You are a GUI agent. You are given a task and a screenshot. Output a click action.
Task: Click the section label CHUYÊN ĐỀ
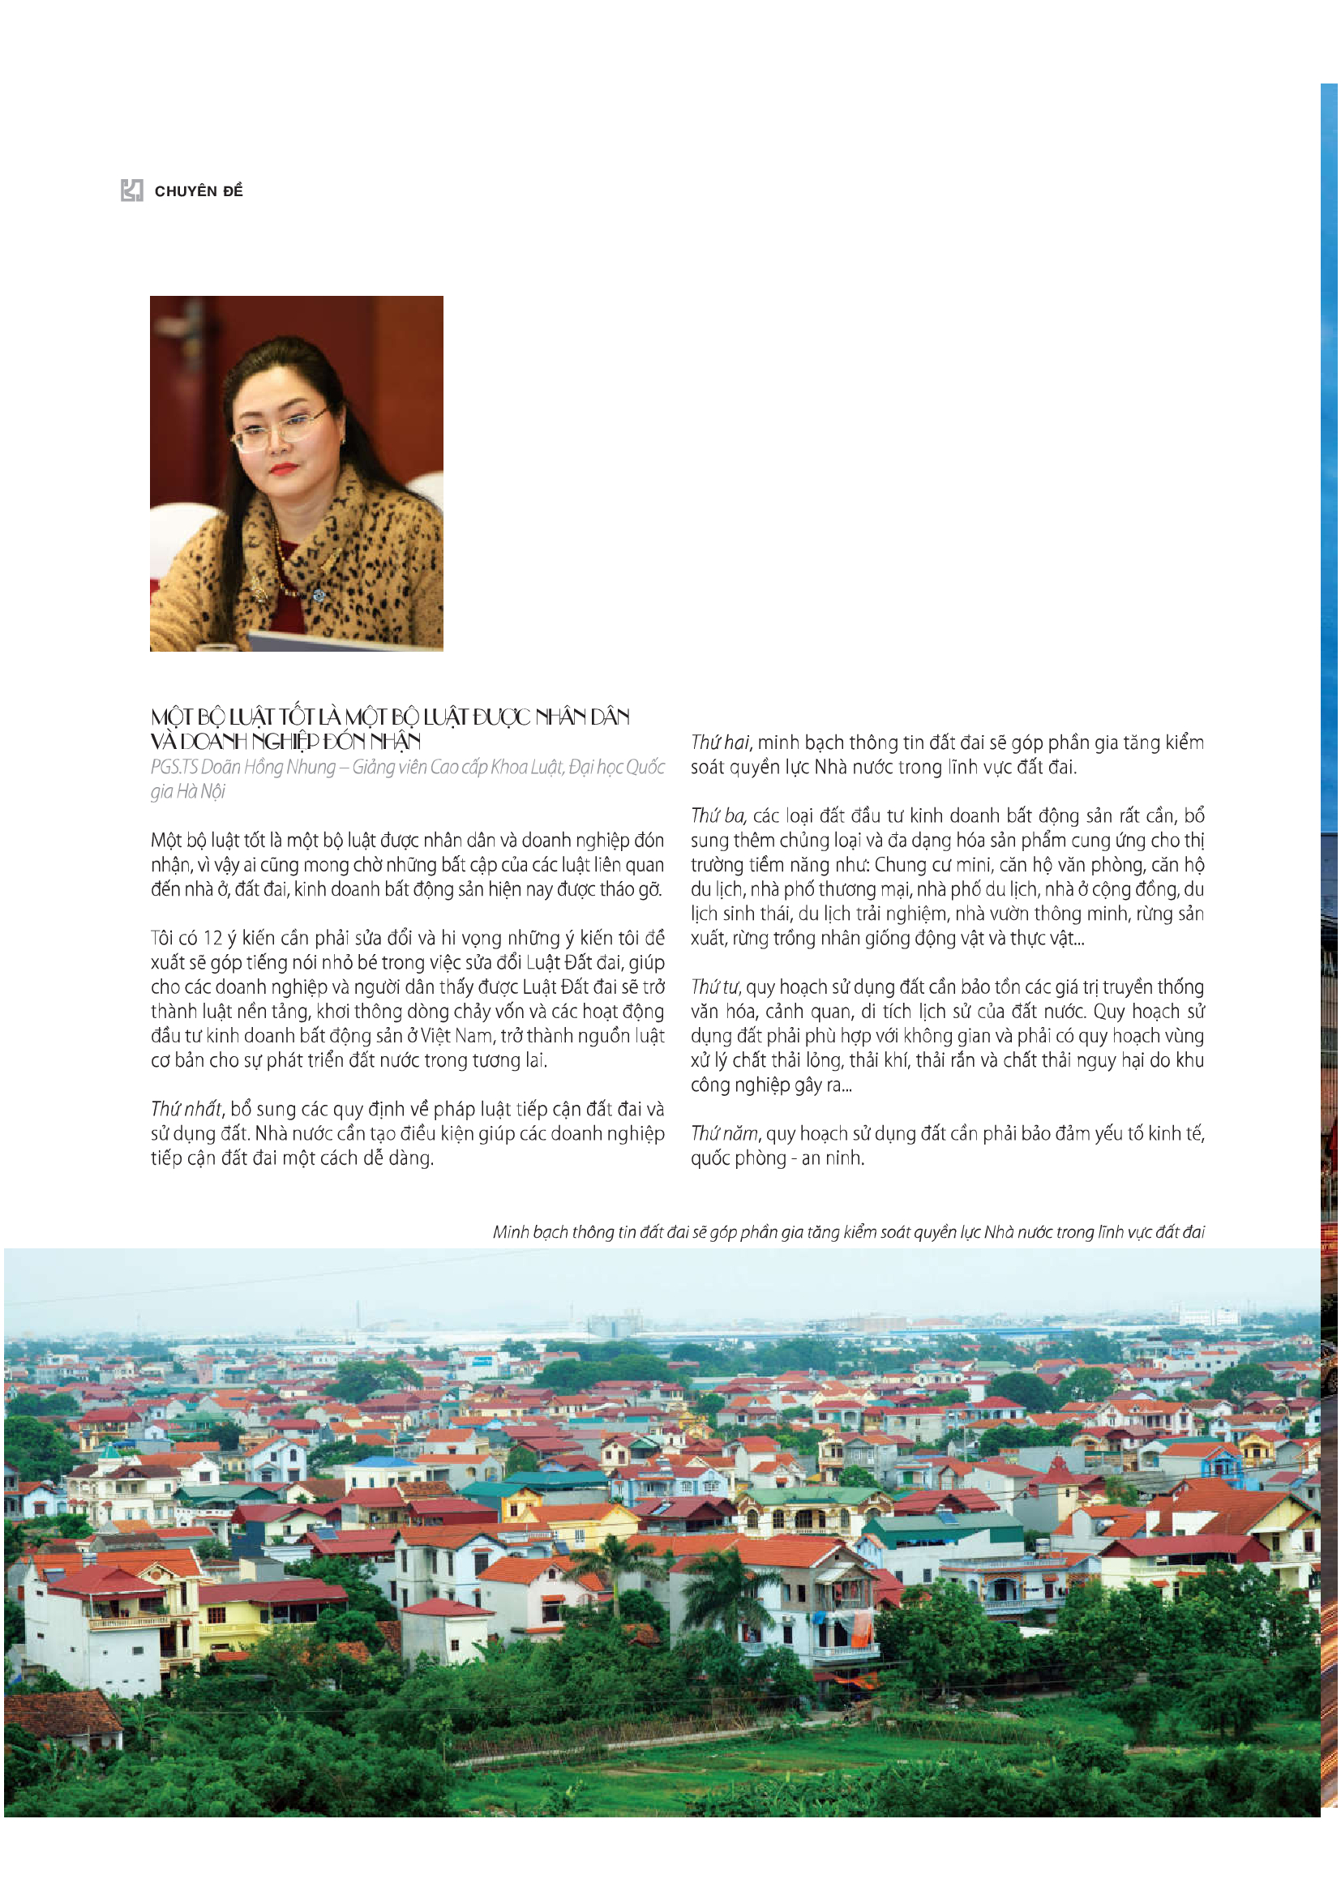(198, 190)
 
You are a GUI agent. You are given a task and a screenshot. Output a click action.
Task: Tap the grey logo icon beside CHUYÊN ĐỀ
(132, 190)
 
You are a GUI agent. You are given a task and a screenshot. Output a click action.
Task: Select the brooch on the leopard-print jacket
(319, 594)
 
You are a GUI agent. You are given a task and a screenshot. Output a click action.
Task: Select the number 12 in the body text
(212, 938)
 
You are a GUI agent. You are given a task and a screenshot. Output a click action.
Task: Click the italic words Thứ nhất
(186, 1109)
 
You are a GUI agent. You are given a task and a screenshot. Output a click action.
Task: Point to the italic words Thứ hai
(720, 743)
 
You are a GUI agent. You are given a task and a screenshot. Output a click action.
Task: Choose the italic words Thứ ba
(718, 816)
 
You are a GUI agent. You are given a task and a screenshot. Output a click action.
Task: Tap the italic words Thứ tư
(716, 987)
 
